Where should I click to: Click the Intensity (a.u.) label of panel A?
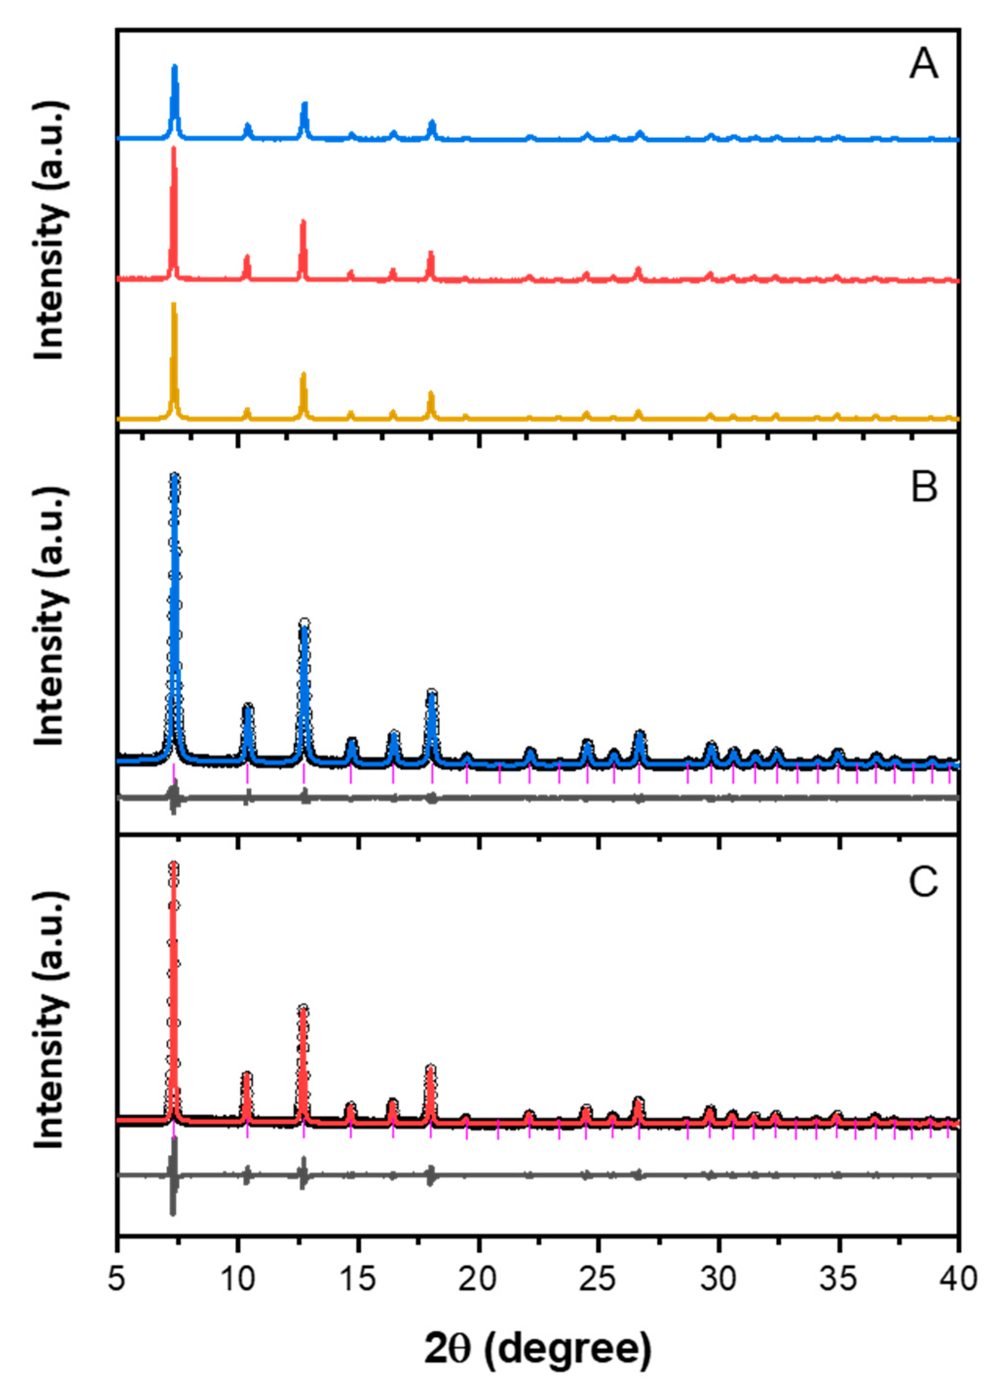point(50,230)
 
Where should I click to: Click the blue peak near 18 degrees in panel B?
point(432,693)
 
